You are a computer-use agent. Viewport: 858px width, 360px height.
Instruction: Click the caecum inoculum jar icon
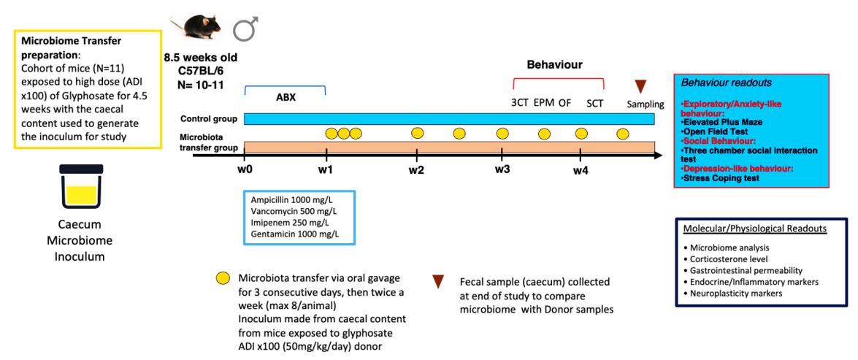point(81,186)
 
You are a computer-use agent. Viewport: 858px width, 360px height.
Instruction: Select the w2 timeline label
point(416,169)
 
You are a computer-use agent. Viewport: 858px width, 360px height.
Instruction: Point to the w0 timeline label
point(245,169)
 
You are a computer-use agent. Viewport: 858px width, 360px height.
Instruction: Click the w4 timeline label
point(581,170)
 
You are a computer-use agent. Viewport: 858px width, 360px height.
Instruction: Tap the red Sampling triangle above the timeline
point(640,87)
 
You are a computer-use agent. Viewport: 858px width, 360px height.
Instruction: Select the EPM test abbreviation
point(544,103)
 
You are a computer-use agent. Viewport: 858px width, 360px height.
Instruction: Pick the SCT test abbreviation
point(595,103)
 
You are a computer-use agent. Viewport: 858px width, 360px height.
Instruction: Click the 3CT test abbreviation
point(519,103)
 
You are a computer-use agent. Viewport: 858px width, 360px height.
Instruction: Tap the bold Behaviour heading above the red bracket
point(554,65)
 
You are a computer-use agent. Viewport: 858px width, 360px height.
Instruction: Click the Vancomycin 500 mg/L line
point(294,211)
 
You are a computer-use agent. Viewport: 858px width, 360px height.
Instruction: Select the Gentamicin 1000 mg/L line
point(295,234)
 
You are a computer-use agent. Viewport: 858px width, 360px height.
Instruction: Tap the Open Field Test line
point(715,131)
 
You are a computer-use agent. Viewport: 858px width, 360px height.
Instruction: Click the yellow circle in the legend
point(223,278)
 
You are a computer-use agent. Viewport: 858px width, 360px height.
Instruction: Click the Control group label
point(210,119)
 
